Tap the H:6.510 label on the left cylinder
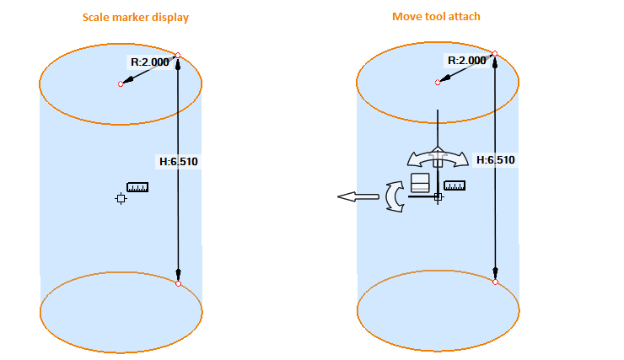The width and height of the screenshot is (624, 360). click(x=179, y=161)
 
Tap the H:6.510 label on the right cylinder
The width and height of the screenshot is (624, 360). click(x=496, y=159)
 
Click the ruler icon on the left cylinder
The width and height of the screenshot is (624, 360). click(x=137, y=187)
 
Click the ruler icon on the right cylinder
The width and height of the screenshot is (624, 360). click(x=455, y=185)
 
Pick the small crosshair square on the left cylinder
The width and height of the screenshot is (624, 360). click(x=121, y=198)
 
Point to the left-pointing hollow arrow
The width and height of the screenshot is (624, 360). click(x=358, y=196)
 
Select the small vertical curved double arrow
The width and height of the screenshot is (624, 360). click(x=394, y=196)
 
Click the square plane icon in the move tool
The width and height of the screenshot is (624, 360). click(x=420, y=184)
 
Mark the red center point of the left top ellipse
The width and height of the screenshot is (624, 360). click(x=121, y=84)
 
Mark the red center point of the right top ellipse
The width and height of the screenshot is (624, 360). click(x=438, y=83)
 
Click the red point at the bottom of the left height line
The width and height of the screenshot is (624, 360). click(x=178, y=283)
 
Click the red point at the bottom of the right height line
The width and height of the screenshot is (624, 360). click(x=495, y=282)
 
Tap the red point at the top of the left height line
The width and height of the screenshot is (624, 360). click(x=178, y=56)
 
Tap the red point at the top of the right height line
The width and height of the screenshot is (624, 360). click(x=495, y=54)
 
